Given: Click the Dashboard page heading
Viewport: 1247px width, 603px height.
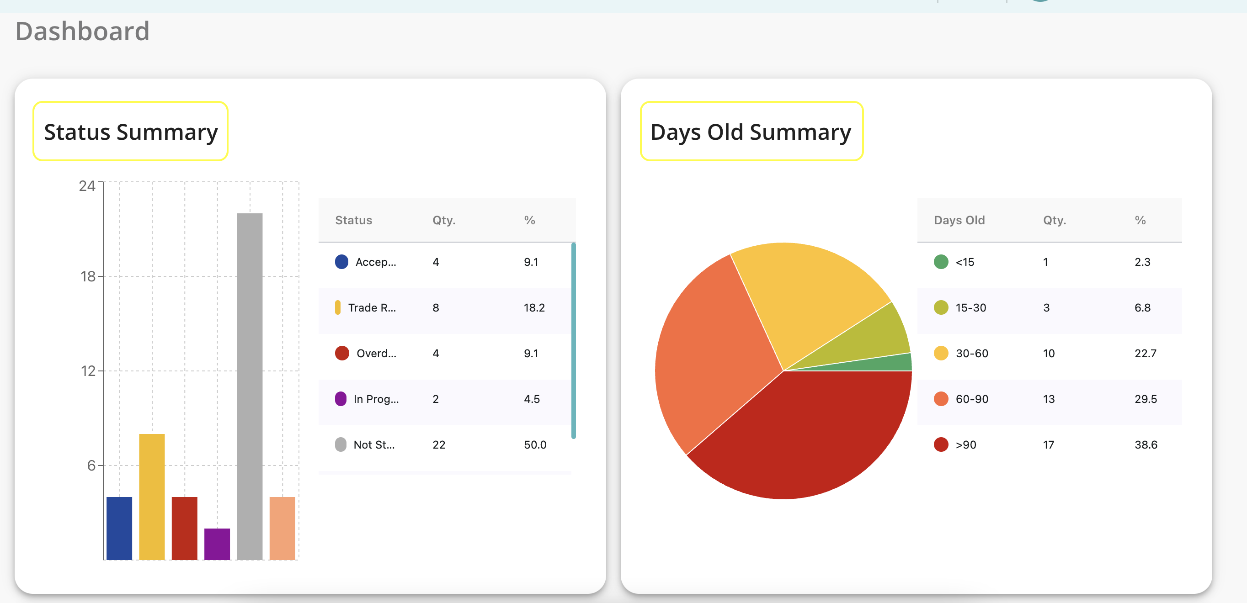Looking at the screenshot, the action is click(x=82, y=31).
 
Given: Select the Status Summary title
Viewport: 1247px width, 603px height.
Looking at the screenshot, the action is click(x=131, y=132).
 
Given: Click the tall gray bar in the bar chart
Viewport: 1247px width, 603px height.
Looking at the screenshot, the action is click(x=250, y=386).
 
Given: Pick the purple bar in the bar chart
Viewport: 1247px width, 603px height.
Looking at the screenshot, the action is click(x=217, y=544).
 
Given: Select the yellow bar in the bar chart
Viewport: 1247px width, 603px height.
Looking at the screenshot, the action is click(x=152, y=497).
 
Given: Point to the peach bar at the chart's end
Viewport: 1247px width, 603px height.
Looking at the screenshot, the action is click(x=282, y=528).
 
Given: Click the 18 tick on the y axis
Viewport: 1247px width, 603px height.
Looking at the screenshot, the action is click(x=88, y=276).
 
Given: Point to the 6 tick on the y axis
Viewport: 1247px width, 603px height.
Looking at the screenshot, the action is click(x=91, y=465).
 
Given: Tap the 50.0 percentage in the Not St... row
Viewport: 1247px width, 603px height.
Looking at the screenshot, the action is click(x=535, y=445).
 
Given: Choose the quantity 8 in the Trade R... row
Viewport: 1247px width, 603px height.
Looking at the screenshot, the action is click(x=436, y=308).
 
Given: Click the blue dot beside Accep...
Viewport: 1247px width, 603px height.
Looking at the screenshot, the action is click(x=342, y=262).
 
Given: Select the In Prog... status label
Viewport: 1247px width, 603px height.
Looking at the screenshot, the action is click(x=376, y=399).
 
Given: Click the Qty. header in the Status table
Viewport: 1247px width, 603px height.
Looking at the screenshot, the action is click(x=444, y=220).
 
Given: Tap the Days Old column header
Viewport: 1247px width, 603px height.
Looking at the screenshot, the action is click(x=959, y=220).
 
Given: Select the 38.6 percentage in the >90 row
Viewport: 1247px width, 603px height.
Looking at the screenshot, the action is click(x=1146, y=445).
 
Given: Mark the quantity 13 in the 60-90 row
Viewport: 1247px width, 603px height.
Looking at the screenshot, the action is click(x=1049, y=399).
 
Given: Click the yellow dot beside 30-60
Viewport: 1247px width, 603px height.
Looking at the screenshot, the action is click(x=941, y=353).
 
